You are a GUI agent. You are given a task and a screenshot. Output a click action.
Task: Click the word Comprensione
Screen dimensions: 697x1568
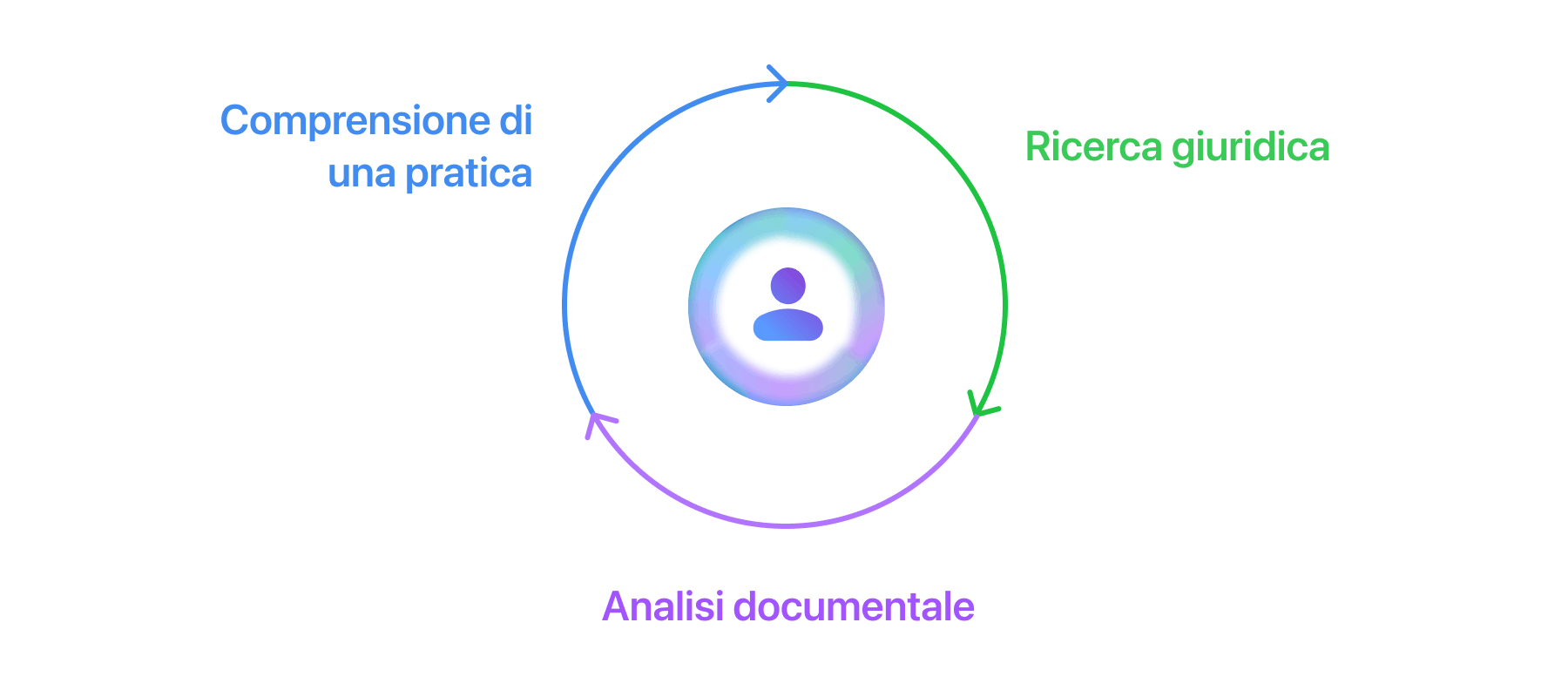pos(355,121)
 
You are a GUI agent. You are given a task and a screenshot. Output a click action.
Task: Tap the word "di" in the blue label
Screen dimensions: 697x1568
pos(515,120)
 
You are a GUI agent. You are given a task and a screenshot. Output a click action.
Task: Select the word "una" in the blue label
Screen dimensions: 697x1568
pos(362,174)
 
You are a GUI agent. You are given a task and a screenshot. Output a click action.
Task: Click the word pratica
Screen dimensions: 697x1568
pos(469,174)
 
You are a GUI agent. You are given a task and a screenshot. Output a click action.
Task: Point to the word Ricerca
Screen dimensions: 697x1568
pos(1093,146)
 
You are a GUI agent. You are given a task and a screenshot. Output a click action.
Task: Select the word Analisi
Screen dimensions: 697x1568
pos(663,606)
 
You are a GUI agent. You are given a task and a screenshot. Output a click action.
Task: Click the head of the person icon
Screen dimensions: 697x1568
pos(788,286)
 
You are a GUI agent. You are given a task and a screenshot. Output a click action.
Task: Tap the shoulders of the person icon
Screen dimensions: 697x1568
pos(788,325)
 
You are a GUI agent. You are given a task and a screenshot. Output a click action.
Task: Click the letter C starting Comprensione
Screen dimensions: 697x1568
pos(234,121)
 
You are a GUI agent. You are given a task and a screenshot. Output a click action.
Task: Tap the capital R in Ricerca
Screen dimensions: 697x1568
pos(1037,146)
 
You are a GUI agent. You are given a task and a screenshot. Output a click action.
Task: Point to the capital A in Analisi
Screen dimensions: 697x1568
pos(616,606)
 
